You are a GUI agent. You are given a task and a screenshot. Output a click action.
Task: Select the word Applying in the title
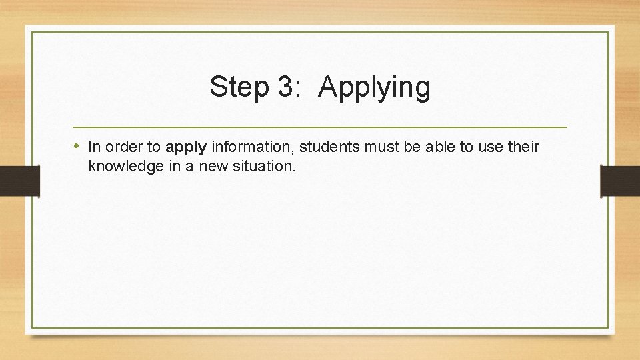(x=375, y=88)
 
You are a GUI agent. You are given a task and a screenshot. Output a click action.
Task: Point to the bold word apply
(x=187, y=147)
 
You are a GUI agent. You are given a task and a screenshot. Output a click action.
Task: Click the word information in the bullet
(x=253, y=147)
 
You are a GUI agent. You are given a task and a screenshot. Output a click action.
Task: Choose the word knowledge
(x=126, y=167)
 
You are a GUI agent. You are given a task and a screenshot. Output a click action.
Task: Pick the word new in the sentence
(x=213, y=167)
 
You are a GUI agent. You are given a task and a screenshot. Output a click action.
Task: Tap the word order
(x=123, y=147)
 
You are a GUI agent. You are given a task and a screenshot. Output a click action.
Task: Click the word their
(x=523, y=146)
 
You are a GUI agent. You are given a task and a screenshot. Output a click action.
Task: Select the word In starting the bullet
(x=94, y=146)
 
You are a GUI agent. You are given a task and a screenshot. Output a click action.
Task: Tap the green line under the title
(x=320, y=127)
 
